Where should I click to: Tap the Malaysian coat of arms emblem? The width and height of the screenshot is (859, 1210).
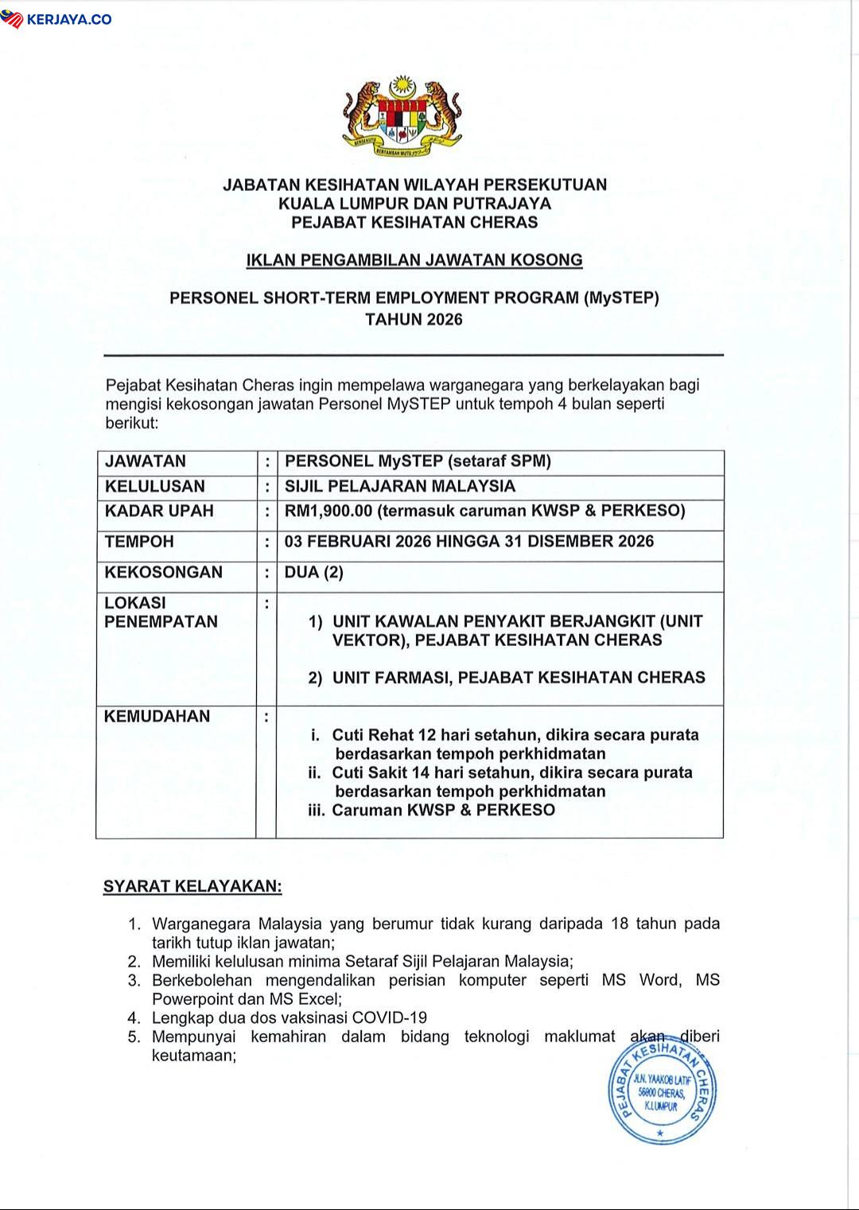pyautogui.click(x=402, y=115)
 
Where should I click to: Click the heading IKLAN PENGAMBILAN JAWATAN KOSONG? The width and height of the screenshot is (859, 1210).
pyautogui.click(x=414, y=260)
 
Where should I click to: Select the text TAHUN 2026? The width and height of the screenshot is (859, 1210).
pyautogui.click(x=414, y=320)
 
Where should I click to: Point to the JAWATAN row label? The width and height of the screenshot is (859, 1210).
pyautogui.click(x=146, y=461)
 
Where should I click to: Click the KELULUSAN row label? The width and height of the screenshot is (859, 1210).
pyautogui.click(x=155, y=487)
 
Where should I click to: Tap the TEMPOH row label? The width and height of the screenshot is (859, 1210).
pyautogui.click(x=139, y=542)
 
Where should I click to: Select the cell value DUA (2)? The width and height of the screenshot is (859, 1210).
pyautogui.click(x=314, y=573)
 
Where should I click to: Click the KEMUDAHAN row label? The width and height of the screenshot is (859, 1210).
pyautogui.click(x=157, y=717)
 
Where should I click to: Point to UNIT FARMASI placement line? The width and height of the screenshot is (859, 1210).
pyautogui.click(x=518, y=678)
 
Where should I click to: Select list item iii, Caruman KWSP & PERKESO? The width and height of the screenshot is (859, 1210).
pyautogui.click(x=443, y=811)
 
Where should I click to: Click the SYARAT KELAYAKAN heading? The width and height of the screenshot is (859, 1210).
pyautogui.click(x=192, y=886)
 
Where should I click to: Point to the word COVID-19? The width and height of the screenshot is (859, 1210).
pyautogui.click(x=390, y=1017)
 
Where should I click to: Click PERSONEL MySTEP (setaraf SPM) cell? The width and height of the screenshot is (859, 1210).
pyautogui.click(x=418, y=461)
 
